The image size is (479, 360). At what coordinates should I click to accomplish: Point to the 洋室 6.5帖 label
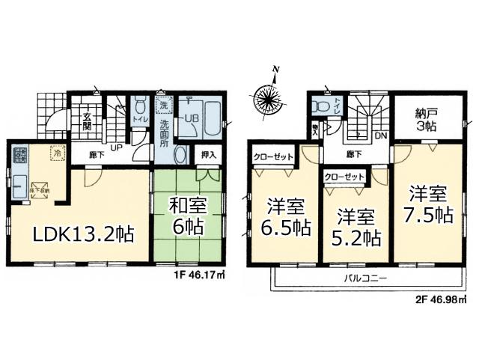point(285,215)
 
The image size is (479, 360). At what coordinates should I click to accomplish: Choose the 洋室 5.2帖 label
point(356,228)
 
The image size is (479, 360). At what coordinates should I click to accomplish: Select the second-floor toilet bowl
point(323,106)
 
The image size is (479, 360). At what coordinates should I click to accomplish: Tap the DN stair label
point(380,136)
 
